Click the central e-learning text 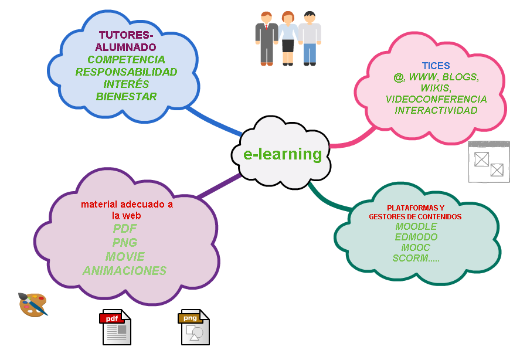[x=283, y=154]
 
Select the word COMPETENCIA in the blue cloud [x=126, y=60]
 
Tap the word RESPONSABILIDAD [x=126, y=72]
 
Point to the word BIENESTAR [x=126, y=97]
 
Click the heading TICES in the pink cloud [x=436, y=66]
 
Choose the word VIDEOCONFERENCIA [x=436, y=99]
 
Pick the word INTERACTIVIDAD [x=436, y=110]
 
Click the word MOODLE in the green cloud [x=416, y=226]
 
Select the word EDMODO [x=416, y=237]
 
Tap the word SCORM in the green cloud [x=411, y=258]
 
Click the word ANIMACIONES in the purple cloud [x=124, y=271]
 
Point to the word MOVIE [x=125, y=257]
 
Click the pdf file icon [x=115, y=327]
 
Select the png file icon [x=194, y=327]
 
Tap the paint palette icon [x=32, y=304]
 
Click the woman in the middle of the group [x=288, y=38]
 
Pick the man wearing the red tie [x=267, y=38]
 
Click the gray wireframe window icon [x=489, y=162]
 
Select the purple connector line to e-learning [x=217, y=186]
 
